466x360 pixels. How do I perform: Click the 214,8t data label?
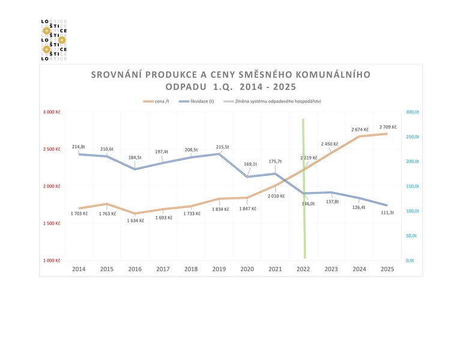(79, 147)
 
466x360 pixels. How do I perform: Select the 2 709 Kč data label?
(388, 127)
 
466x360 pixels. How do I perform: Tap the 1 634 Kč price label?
(135, 220)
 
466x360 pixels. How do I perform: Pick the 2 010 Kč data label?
(276, 196)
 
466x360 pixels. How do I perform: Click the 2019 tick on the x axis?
(219, 269)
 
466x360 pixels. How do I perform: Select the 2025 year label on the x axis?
(388, 269)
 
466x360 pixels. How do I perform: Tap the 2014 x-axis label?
(79, 269)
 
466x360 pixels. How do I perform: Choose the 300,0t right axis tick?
(412, 112)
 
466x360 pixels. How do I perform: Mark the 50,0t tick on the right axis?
(411, 236)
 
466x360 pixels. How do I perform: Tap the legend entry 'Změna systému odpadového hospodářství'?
(281, 101)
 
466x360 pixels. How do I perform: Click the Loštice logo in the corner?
(53, 40)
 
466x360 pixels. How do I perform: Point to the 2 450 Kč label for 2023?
(330, 144)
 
